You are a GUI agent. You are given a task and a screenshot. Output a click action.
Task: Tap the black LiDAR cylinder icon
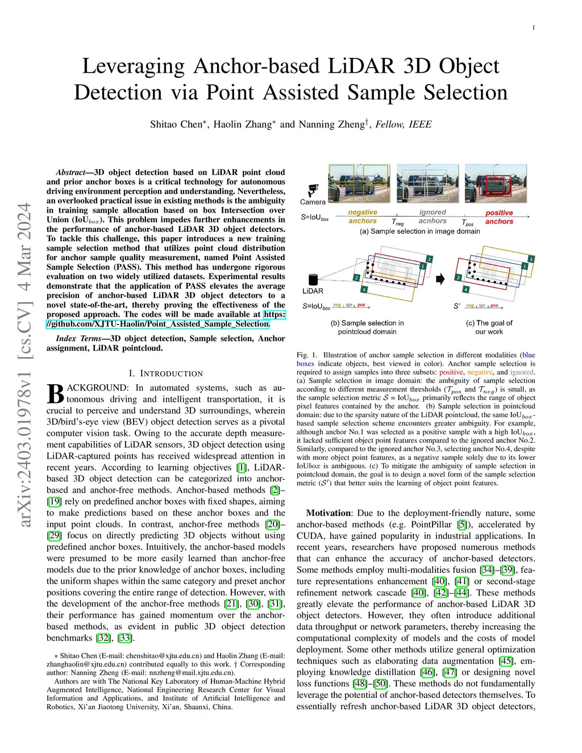(x=313, y=279)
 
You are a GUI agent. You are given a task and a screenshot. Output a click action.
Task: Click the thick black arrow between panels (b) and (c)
(x=440, y=278)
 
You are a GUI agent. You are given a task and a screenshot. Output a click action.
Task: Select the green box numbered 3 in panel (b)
(x=429, y=259)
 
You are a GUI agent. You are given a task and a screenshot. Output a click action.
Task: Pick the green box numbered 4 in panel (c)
(x=466, y=290)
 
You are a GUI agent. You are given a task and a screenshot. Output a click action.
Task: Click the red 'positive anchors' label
(x=499, y=217)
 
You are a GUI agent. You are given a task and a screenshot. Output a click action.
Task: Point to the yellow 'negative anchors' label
(x=363, y=217)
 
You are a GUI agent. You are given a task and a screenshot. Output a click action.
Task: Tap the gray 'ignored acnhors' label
(x=433, y=217)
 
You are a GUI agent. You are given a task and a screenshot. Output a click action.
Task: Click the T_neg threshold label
(x=398, y=222)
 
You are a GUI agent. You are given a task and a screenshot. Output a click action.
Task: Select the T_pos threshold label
(x=467, y=223)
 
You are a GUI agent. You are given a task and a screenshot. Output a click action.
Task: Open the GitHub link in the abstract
(x=158, y=324)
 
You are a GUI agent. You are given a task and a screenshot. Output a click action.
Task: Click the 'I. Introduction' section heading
(x=165, y=373)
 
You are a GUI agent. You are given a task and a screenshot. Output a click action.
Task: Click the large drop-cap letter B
(x=56, y=394)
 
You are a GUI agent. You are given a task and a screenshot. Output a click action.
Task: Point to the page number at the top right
(x=534, y=27)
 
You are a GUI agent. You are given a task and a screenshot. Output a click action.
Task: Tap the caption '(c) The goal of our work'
(x=489, y=327)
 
